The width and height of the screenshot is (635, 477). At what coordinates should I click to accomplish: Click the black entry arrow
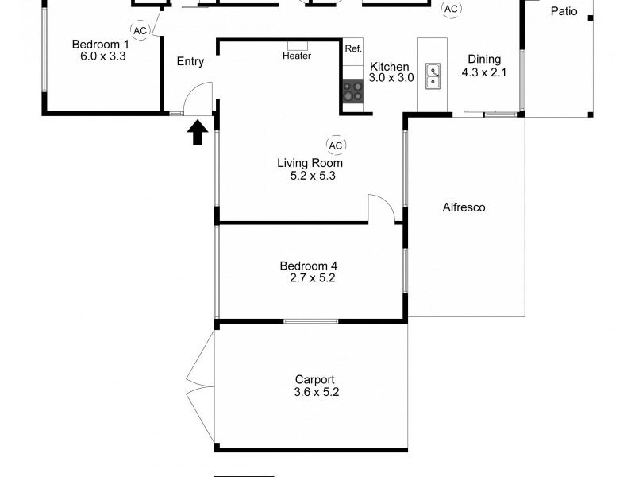[197, 133]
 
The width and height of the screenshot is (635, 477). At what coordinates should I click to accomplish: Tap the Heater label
[297, 56]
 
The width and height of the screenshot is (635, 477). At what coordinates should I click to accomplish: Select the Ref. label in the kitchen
[353, 48]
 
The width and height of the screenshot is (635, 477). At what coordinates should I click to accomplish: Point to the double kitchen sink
[433, 76]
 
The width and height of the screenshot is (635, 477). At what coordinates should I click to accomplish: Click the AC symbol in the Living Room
[335, 145]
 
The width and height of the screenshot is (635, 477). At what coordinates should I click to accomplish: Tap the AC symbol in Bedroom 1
[140, 30]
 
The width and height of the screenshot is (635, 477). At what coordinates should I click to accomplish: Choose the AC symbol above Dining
[451, 9]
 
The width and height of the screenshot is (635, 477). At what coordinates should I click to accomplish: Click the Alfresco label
[464, 207]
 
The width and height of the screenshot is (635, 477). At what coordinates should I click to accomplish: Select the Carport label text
[314, 379]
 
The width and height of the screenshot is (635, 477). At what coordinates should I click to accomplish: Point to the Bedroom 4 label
[310, 266]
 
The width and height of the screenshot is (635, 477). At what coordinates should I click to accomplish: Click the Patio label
[564, 11]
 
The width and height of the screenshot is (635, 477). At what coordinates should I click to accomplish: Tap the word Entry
[190, 61]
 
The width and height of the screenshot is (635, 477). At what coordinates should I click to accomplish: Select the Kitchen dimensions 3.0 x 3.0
[391, 78]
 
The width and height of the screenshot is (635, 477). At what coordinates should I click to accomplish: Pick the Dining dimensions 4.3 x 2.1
[484, 72]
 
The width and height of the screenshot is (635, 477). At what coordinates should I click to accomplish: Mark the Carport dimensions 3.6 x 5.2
[316, 392]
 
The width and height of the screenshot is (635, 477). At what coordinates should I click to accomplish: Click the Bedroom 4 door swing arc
[383, 208]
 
